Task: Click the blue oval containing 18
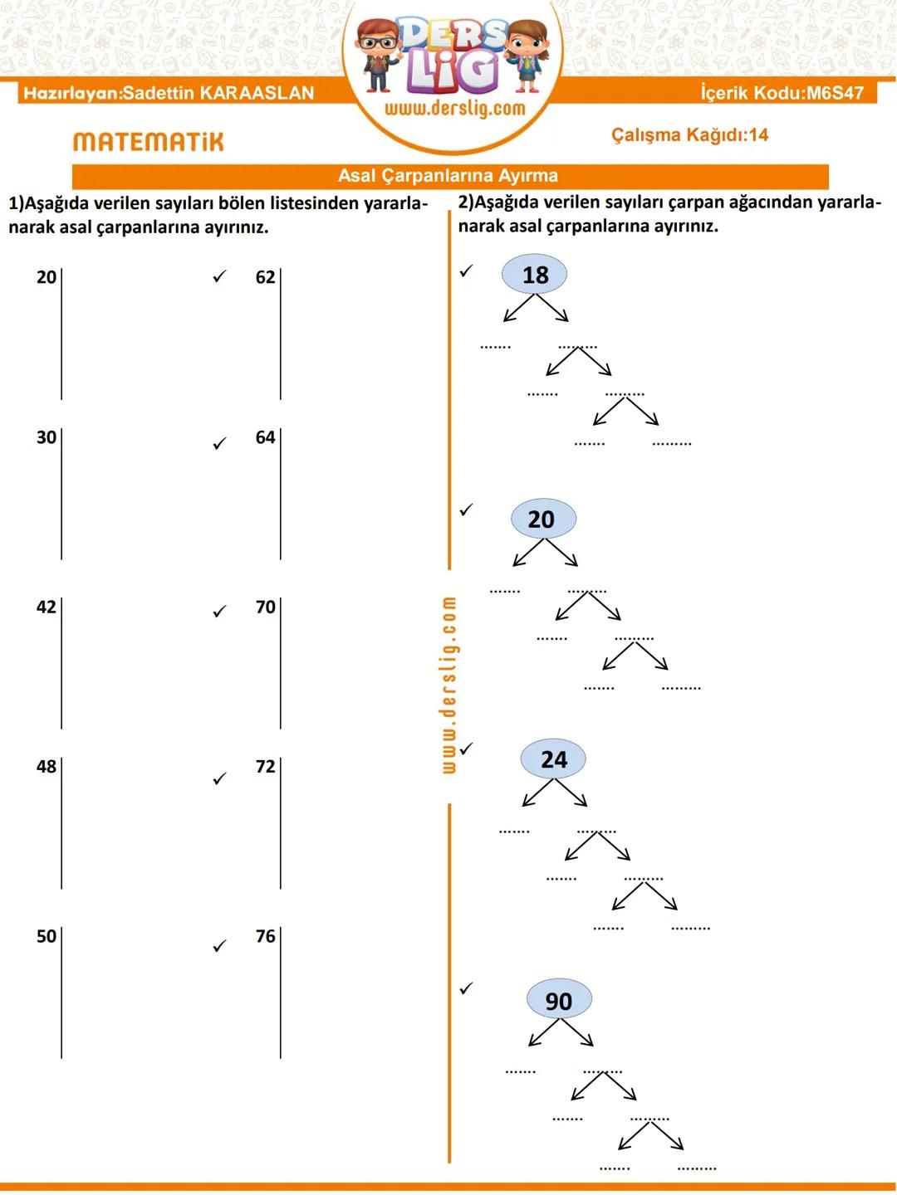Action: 534,275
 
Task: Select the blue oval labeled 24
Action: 553,759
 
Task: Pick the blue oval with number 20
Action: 543,519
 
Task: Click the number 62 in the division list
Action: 265,277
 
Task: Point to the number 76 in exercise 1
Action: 265,936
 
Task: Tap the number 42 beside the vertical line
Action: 47,607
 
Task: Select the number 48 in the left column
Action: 47,767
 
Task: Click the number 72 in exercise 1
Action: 265,767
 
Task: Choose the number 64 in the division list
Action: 265,437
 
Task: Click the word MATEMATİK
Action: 148,142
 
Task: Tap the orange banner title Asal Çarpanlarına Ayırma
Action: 448,175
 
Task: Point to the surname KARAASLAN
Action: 257,93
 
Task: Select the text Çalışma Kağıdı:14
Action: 689,135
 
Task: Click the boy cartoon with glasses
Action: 378,56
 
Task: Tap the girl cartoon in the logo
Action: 526,56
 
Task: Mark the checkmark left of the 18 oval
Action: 466,271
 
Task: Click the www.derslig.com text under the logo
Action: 455,109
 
